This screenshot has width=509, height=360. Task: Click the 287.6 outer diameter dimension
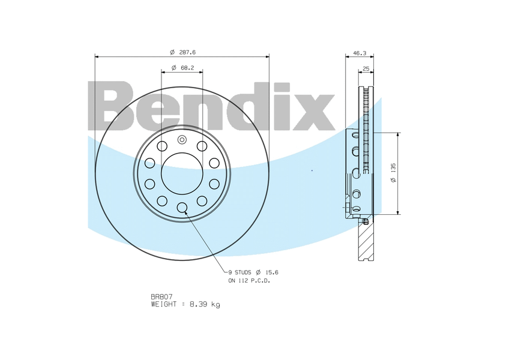click(187, 52)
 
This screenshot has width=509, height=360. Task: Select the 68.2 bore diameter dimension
click(187, 68)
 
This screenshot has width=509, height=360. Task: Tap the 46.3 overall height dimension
click(360, 53)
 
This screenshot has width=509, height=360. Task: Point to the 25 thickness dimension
click(366, 68)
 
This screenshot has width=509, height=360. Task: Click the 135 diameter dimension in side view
click(393, 168)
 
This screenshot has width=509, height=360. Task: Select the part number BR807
click(161, 296)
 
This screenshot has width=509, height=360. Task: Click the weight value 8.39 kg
click(205, 304)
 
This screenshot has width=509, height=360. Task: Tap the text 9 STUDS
click(240, 272)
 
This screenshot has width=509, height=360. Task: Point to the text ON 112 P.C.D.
click(249, 281)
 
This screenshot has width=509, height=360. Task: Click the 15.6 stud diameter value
click(272, 272)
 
